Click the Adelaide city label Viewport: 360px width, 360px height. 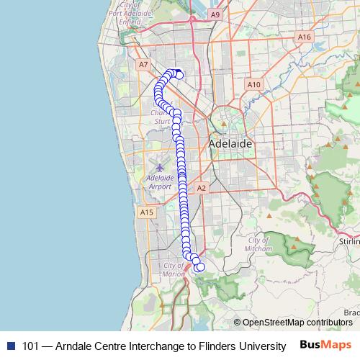[x=230, y=144]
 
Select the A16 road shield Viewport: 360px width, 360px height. [x=305, y=37]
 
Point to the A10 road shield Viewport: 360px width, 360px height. [x=253, y=84]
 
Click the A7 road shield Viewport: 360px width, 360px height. [x=144, y=65]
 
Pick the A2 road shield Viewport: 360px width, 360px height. [x=202, y=188]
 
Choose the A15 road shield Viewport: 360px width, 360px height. [x=146, y=212]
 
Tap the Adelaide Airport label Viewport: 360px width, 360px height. [x=159, y=181]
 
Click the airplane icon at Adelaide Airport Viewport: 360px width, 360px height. [x=160, y=167]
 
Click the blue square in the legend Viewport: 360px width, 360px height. [x=11, y=346]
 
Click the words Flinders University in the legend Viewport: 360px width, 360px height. [x=245, y=346]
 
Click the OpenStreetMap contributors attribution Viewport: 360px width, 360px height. [x=297, y=323]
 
